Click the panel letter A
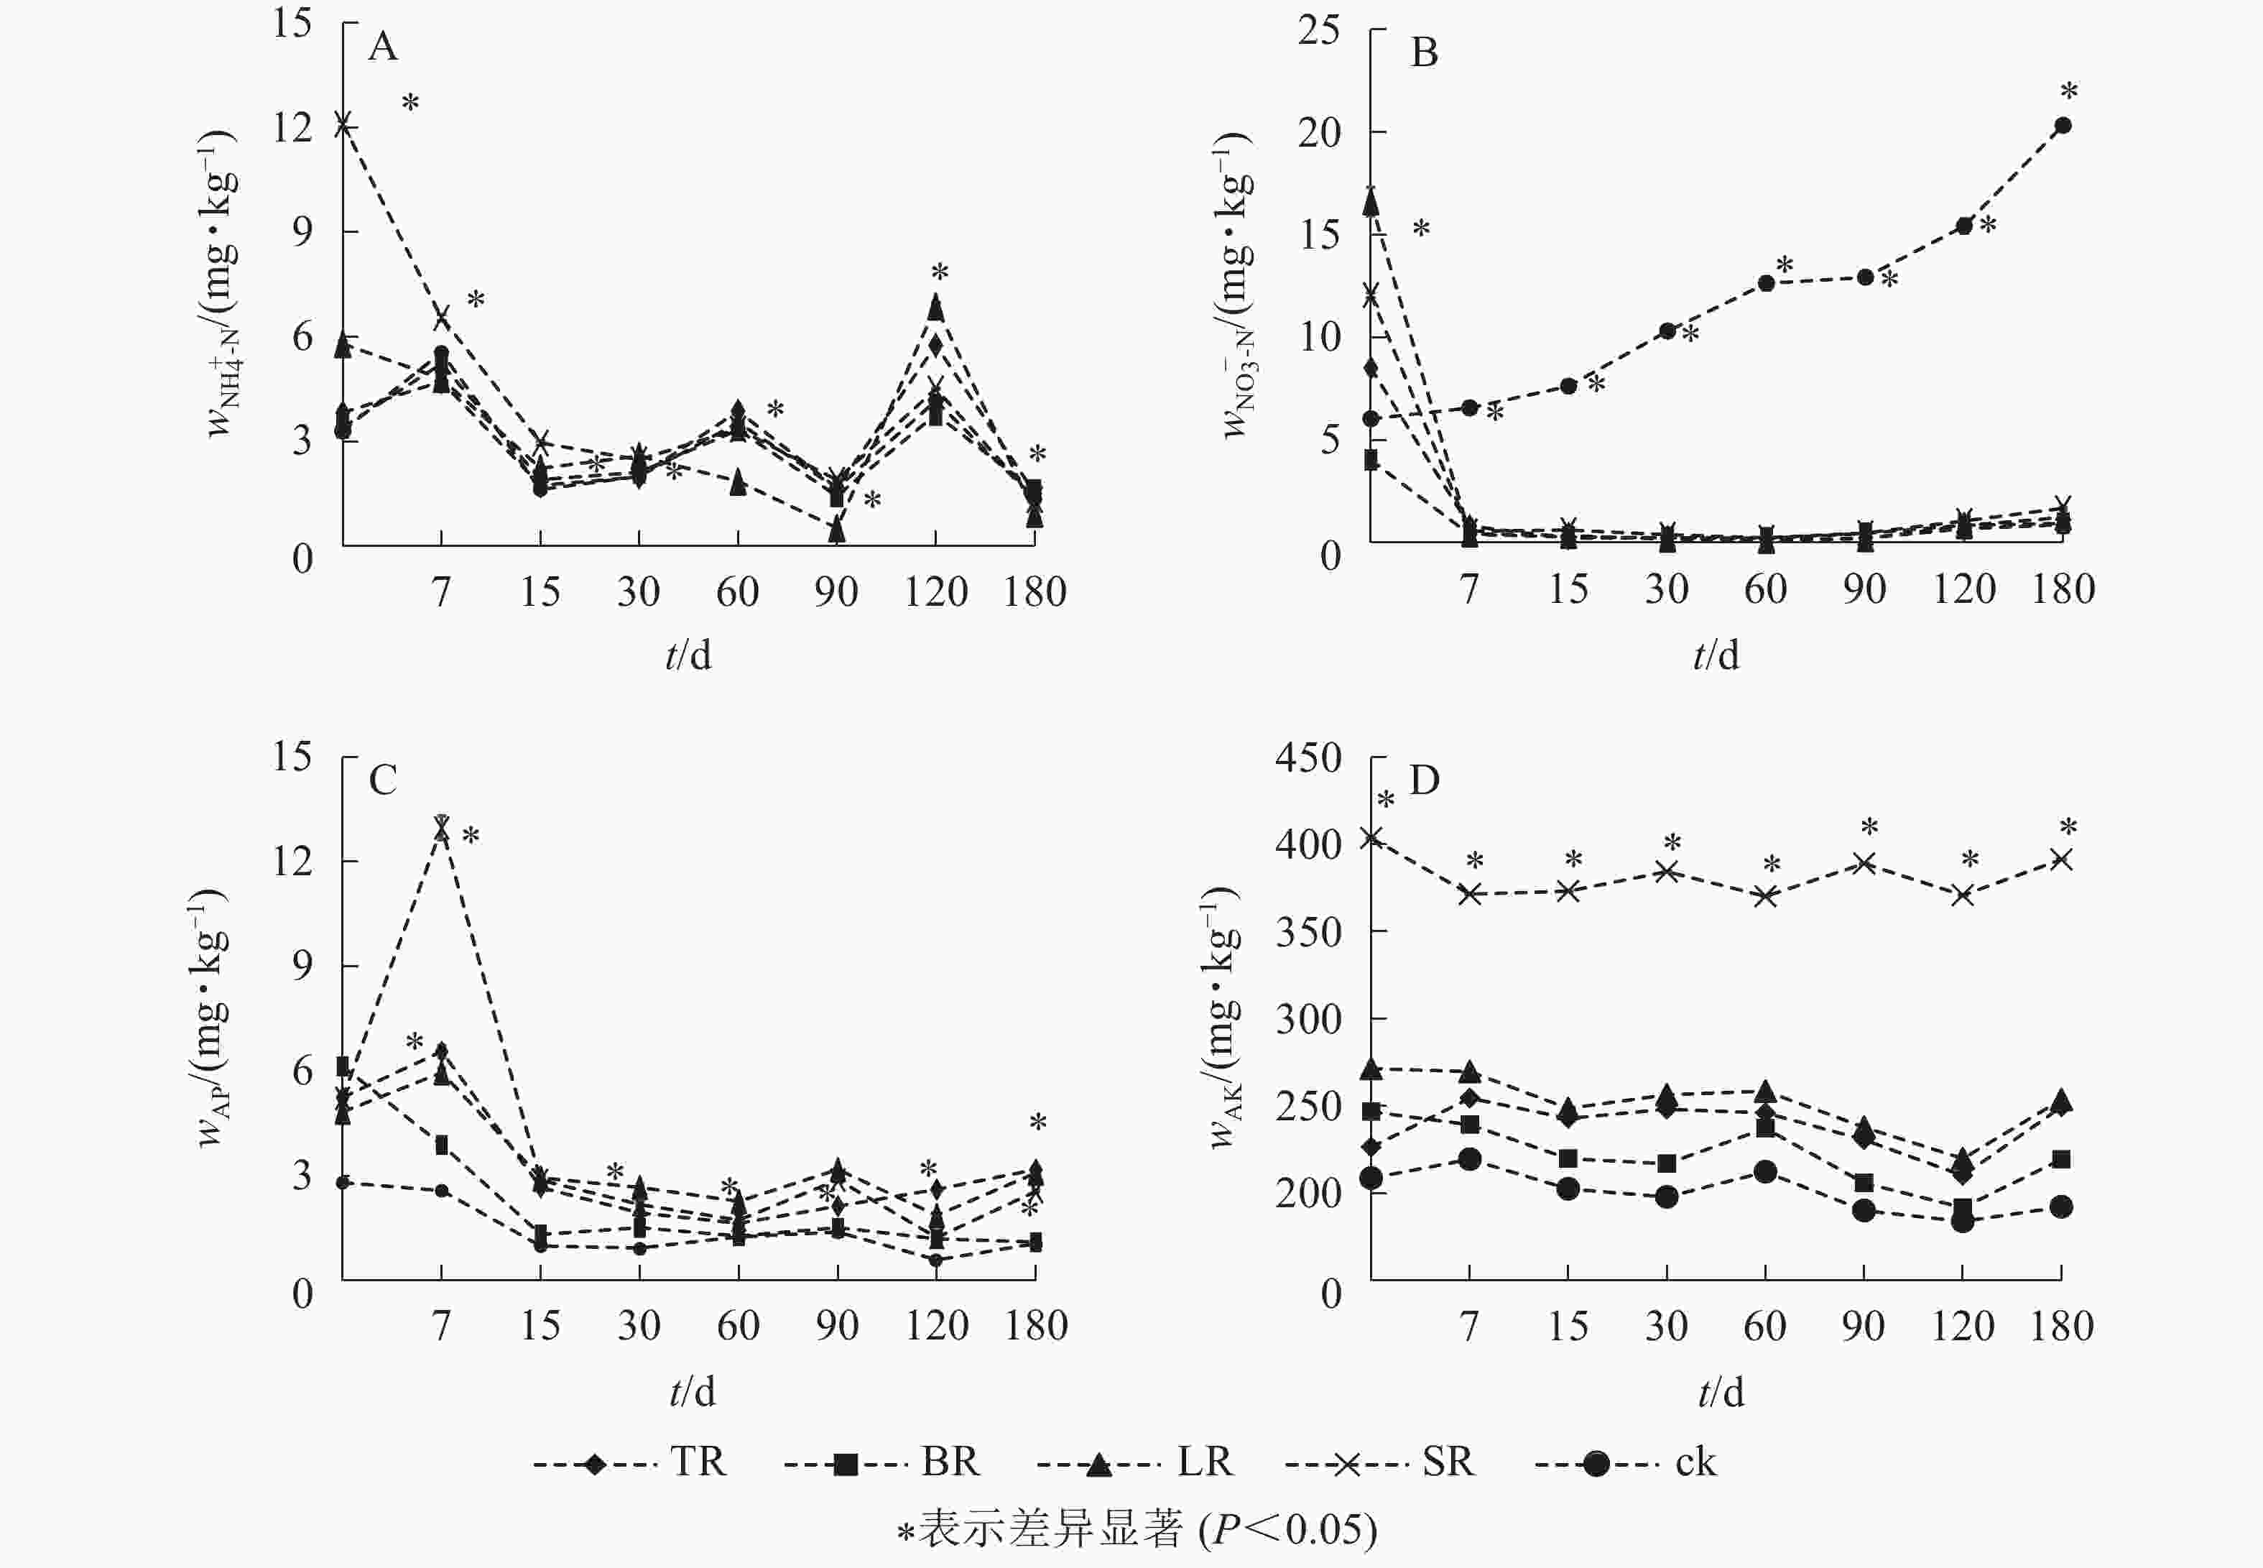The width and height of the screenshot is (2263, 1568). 382,46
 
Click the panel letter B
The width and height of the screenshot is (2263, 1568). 1423,52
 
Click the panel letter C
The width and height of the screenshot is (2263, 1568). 382,780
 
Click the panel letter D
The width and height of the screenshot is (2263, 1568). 1423,780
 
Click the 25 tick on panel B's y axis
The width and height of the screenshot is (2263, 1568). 1318,30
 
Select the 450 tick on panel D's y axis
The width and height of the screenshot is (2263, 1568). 1308,757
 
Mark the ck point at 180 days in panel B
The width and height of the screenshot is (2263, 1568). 2063,126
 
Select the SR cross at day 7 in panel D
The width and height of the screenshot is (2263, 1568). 1469,894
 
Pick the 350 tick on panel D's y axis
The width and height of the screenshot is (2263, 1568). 1308,932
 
